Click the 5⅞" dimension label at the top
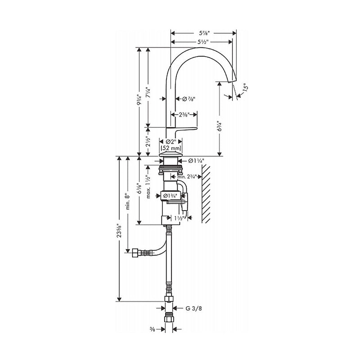(203, 33)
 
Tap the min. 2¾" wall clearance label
(189, 177)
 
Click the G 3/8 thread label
(194, 308)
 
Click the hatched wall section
(207, 193)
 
